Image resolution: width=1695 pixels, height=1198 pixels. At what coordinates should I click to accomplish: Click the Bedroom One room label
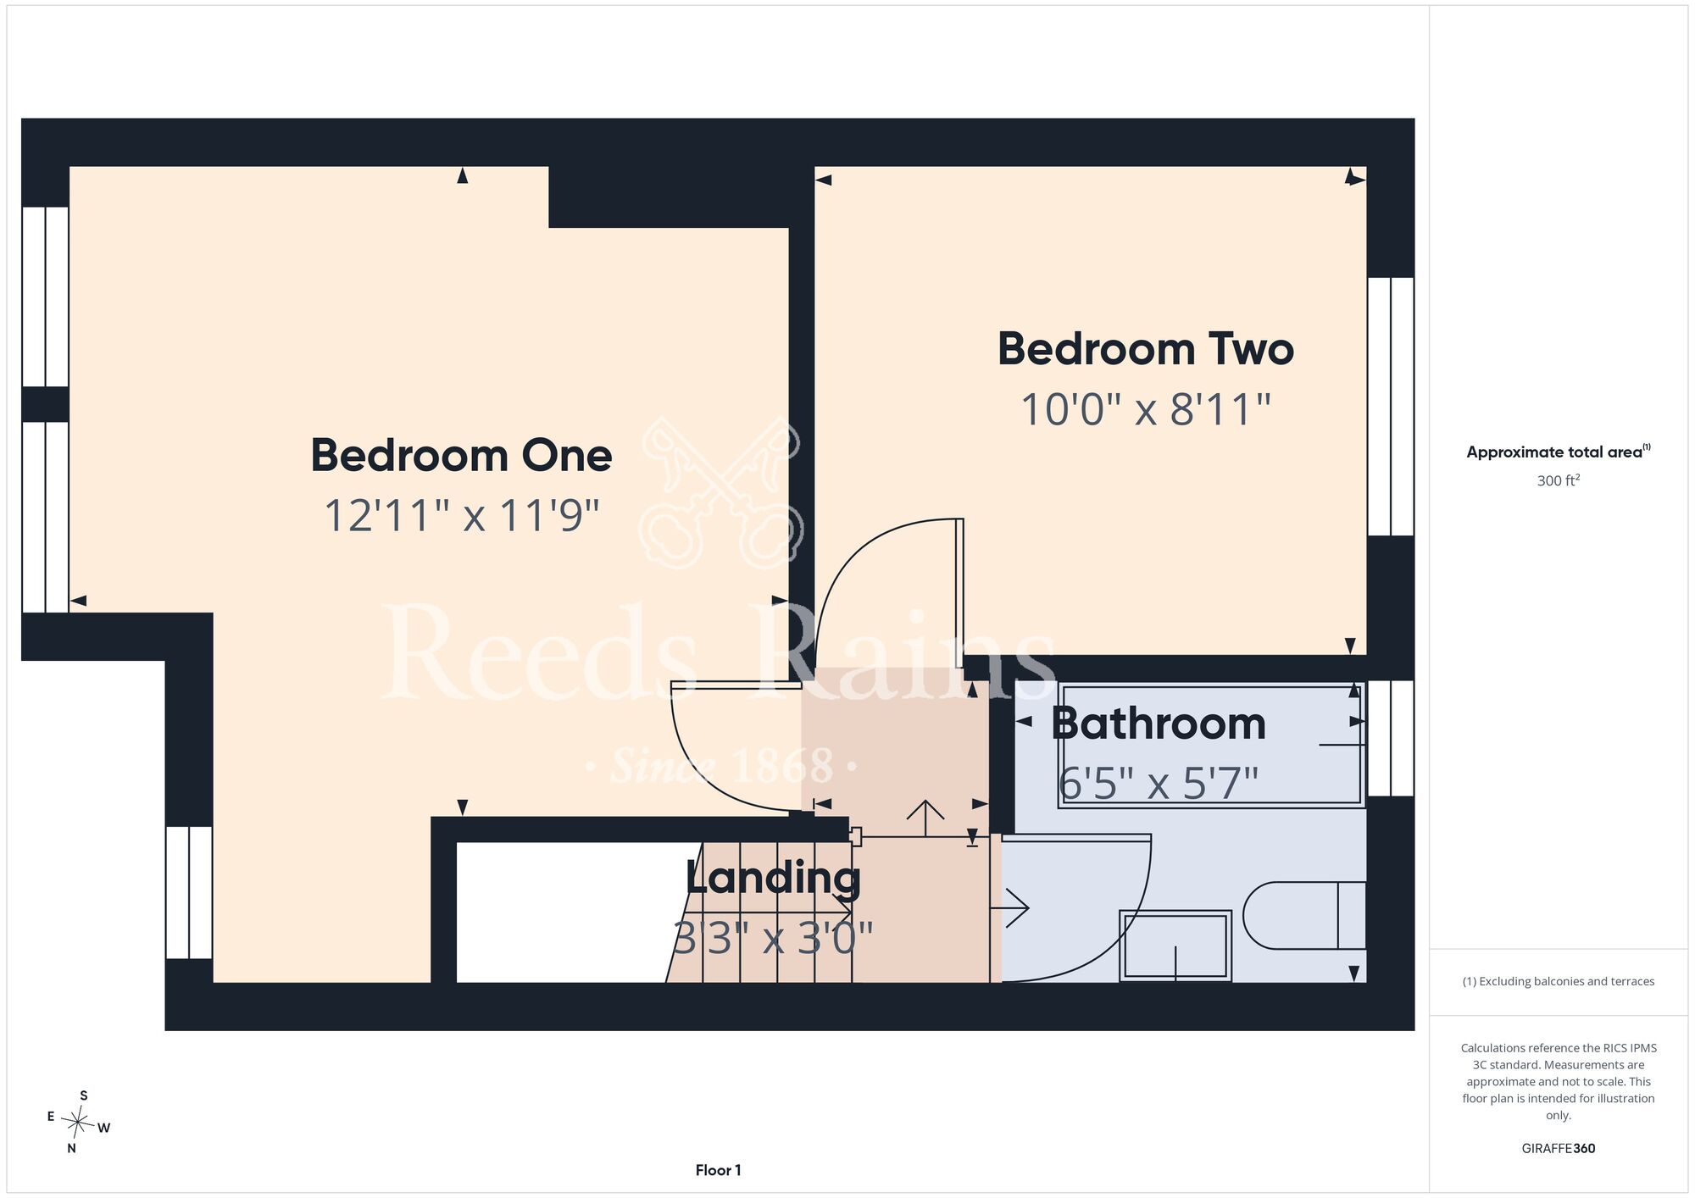coord(461,456)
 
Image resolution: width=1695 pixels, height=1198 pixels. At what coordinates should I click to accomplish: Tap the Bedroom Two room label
coord(1146,349)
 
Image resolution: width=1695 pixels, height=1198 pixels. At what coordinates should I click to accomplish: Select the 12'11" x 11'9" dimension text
coord(462,515)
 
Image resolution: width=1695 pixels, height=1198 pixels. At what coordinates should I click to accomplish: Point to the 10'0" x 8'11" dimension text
coord(1146,410)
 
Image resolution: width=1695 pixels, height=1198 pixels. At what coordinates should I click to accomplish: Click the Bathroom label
coord(1159,724)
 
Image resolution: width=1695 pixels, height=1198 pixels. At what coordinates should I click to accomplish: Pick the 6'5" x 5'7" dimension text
coord(1159,783)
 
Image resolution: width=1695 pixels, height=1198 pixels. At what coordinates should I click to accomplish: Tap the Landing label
coord(773,879)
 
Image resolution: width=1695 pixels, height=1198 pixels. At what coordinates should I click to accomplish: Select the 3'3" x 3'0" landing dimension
coord(773,938)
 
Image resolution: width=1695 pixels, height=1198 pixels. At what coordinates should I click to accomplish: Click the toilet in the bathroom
coord(1304,915)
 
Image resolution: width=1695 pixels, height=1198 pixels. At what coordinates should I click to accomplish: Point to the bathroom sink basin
coord(1175,946)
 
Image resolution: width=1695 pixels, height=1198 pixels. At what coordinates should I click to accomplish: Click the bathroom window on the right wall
coord(1391,738)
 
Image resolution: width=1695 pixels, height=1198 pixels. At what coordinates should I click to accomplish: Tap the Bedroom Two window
coord(1391,407)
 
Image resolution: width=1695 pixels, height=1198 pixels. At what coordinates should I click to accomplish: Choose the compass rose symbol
coord(78,1123)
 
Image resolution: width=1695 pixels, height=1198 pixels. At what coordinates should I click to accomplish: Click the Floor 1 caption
coord(718,1170)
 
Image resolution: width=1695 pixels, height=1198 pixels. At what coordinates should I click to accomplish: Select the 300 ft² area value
coord(1559,480)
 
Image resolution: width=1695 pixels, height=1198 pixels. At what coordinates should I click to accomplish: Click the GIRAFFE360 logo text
coord(1559,1149)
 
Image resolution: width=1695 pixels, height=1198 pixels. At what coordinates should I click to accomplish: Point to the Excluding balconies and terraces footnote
coord(1559,981)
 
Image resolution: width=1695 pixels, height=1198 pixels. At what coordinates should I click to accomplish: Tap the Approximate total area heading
coord(1559,452)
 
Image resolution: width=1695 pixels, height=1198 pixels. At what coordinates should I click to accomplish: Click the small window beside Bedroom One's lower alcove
coord(188,892)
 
